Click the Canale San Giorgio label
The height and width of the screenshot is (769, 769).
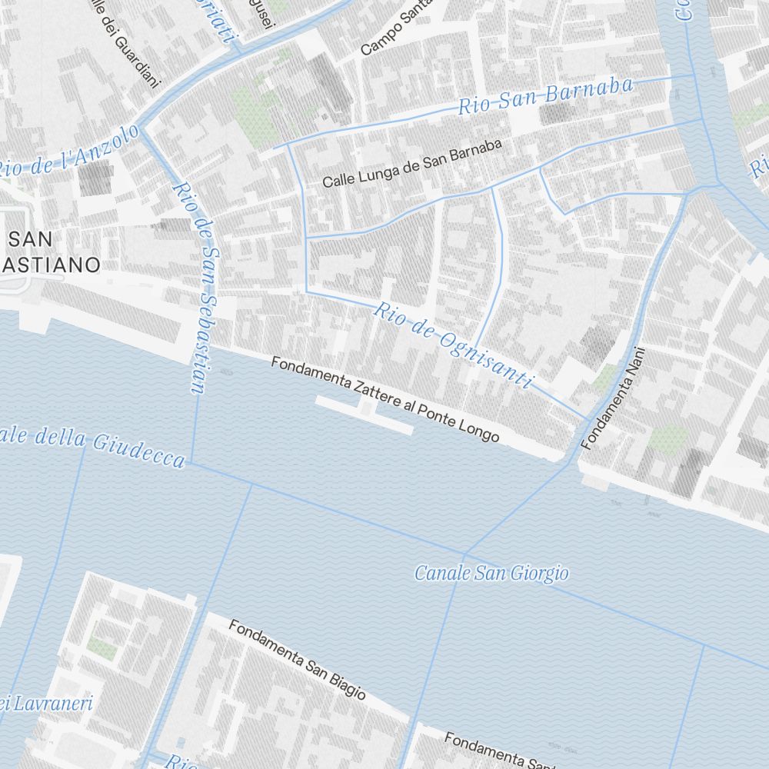(491, 573)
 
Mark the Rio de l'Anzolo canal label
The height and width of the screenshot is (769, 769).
(69, 152)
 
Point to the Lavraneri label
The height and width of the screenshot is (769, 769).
(54, 703)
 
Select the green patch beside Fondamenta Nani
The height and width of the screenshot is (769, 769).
(666, 439)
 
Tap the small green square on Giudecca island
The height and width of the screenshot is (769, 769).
(102, 650)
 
